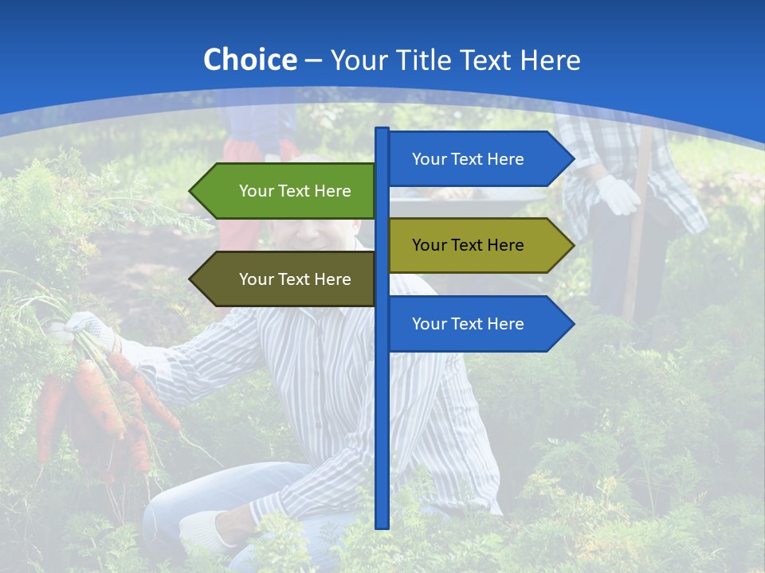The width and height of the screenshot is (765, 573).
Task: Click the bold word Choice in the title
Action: [x=249, y=60]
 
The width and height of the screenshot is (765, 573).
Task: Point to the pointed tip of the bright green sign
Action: [x=192, y=191]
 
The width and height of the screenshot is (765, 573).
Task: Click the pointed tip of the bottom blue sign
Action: [x=572, y=324]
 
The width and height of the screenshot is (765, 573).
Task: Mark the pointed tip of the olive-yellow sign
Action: [x=572, y=245]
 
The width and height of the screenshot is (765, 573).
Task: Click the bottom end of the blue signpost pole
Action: [x=382, y=525]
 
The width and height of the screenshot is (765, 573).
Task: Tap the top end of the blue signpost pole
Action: [x=382, y=131]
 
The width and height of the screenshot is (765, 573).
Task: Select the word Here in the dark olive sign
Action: [x=332, y=279]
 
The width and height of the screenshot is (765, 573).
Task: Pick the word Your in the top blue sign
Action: [x=430, y=159]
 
